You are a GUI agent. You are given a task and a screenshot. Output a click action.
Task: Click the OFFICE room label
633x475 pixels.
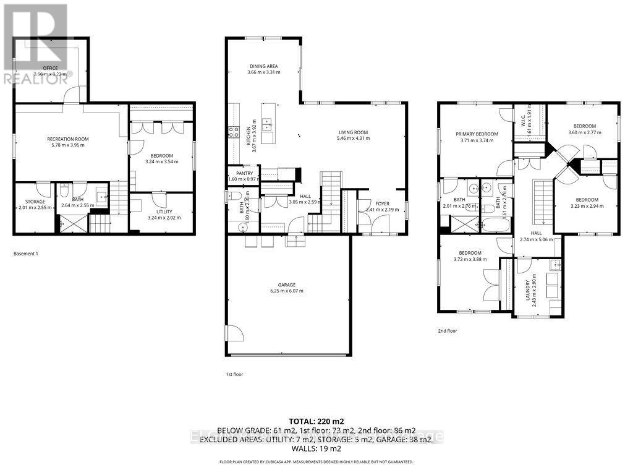[49, 67]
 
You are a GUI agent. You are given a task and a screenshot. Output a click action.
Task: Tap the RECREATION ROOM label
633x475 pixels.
[65, 139]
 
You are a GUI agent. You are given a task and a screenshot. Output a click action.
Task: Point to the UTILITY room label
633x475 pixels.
[163, 212]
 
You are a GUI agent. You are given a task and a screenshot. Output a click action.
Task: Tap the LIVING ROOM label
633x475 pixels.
[353, 132]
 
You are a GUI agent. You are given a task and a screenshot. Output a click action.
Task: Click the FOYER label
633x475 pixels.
[382, 203]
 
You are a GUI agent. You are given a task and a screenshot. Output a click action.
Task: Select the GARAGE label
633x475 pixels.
[286, 285]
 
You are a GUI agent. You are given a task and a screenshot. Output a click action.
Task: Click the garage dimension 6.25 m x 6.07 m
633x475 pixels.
[286, 291]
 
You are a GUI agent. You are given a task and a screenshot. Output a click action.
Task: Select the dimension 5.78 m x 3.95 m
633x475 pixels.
[65, 145]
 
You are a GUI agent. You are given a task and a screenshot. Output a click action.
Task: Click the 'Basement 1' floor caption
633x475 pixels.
[26, 254]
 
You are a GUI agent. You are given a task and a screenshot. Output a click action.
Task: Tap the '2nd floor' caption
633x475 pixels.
[447, 331]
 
